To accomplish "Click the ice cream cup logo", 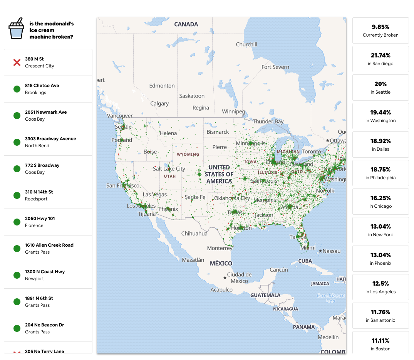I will (16, 29).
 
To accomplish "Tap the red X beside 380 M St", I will (17, 62).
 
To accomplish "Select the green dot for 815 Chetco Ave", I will (17, 89).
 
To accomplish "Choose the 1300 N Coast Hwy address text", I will (45, 272).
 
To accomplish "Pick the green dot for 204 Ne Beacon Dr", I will (17, 328).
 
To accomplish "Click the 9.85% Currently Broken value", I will (380, 27).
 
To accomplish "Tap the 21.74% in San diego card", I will (380, 59).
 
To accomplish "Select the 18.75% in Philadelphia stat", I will (380, 173).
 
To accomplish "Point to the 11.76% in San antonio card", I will (380, 316).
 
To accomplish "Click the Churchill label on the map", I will (246, 44).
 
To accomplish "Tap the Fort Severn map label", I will (275, 67).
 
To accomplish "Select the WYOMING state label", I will (188, 154).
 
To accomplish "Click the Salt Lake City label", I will (169, 169).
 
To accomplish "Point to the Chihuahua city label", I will (194, 234).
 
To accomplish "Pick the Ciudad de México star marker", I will (225, 278).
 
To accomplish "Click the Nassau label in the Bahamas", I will (331, 251).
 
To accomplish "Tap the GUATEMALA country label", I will (265, 295).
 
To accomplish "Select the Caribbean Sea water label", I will (330, 298).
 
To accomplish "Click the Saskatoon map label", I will (192, 96).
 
